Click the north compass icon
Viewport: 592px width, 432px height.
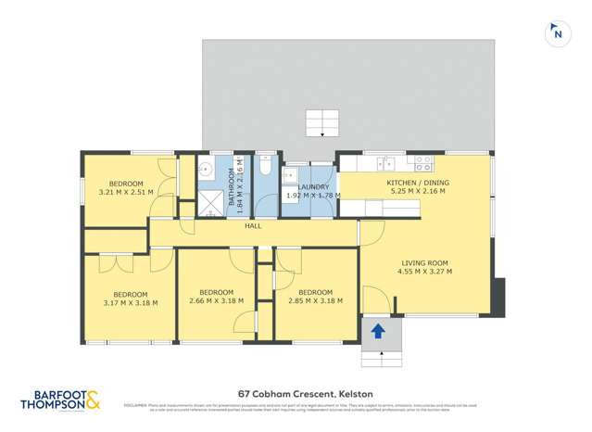pos(557,32)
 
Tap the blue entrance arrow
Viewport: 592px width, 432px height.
pos(378,331)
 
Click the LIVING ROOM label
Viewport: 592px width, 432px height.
pos(425,261)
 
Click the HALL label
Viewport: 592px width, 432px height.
pos(253,226)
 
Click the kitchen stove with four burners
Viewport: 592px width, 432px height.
pos(423,164)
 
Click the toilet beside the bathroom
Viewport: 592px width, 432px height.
pos(265,166)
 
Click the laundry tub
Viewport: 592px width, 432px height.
pos(289,174)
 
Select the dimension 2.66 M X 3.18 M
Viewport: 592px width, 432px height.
pos(215,300)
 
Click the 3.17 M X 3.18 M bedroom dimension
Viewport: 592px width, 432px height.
pos(130,301)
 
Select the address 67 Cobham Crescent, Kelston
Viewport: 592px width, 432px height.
pos(296,391)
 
